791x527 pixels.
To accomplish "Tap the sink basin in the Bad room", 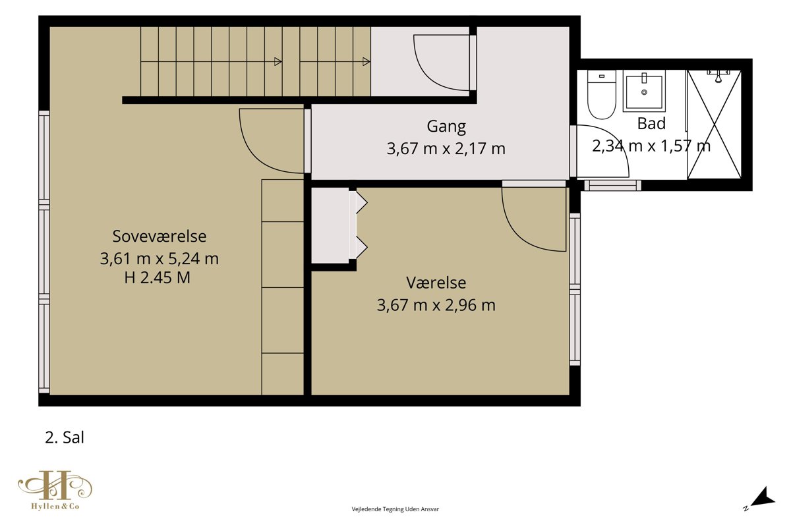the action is coord(644,92).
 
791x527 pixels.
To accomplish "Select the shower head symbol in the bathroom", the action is coord(718,76).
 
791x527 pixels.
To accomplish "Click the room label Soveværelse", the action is coord(160,236).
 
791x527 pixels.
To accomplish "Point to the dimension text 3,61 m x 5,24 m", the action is coord(160,259).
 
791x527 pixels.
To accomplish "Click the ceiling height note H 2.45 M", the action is coord(157,278).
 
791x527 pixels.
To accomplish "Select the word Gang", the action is coord(446,126).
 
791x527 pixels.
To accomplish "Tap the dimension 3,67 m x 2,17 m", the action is coord(446,149).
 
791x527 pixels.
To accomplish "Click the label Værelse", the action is coord(436,283).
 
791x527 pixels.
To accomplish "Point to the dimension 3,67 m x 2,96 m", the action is coord(436,305).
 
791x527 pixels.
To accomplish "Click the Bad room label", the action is coord(651,124).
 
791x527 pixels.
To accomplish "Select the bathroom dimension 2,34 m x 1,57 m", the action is coord(651,146).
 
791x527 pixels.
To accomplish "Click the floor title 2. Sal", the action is coord(65,437).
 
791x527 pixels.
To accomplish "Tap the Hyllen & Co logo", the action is coord(55,490).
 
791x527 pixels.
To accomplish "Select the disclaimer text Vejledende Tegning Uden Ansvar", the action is coord(395,509).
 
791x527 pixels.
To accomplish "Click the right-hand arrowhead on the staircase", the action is coord(366,62).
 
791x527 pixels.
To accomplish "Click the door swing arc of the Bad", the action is coord(614,138).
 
